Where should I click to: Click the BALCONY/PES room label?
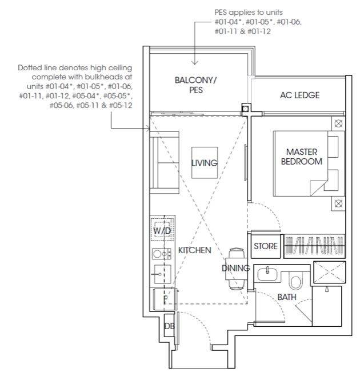(195, 85)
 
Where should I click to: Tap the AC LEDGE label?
(299, 95)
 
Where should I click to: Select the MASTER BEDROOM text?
(302, 157)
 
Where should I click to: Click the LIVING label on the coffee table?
(205, 163)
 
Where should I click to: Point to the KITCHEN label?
(194, 250)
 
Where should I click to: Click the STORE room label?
(266, 246)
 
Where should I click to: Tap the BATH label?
(287, 297)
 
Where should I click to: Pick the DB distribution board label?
(169, 326)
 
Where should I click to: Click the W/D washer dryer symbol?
(162, 230)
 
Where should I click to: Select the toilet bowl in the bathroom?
(296, 281)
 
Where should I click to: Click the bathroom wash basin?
(267, 274)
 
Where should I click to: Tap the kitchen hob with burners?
(161, 254)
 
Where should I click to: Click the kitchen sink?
(162, 274)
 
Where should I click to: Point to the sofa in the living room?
(165, 163)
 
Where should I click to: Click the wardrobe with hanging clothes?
(314, 245)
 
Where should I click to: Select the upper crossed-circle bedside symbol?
(338, 124)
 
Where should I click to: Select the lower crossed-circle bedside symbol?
(338, 204)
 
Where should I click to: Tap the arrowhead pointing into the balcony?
(195, 62)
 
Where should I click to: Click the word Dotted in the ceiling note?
(30, 68)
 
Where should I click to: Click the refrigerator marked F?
(165, 300)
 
